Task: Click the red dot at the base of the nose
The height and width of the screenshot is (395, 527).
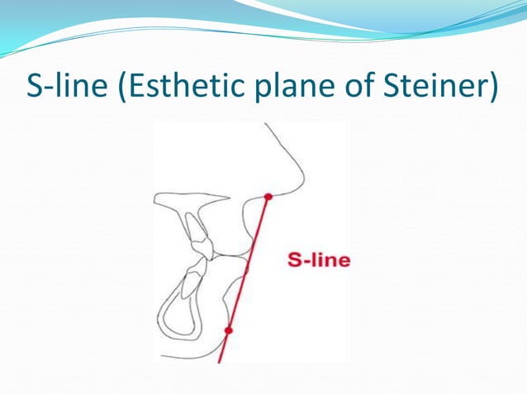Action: (268, 197)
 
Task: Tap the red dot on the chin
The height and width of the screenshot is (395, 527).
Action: (229, 330)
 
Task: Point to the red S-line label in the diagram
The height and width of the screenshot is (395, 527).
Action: (319, 260)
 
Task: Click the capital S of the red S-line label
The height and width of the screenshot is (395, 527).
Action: (293, 260)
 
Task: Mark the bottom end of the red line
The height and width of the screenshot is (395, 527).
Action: (219, 361)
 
